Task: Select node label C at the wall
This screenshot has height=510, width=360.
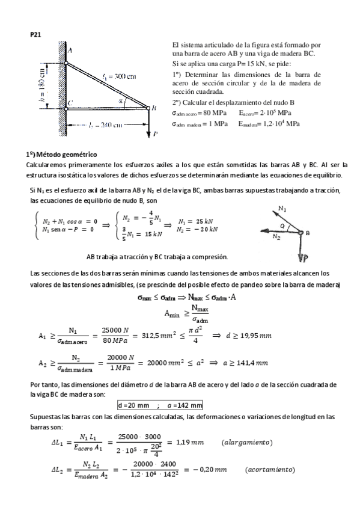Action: (x=70, y=103)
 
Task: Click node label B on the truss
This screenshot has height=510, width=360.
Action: (x=154, y=108)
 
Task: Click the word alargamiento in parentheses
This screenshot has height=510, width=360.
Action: (x=247, y=442)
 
